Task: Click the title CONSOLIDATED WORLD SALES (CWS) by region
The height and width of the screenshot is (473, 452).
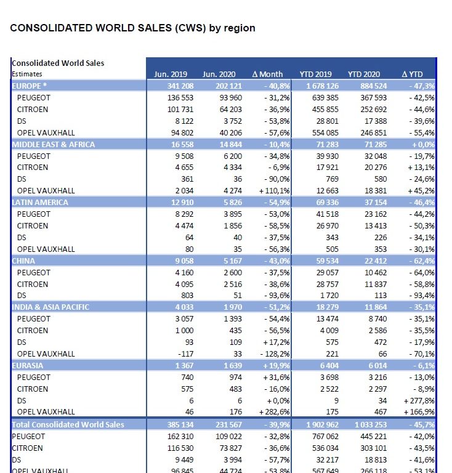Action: point(132,28)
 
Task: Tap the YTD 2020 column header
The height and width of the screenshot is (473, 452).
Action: point(363,75)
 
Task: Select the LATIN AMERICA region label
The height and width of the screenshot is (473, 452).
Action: point(40,202)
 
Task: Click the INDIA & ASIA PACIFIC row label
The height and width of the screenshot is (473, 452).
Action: point(50,307)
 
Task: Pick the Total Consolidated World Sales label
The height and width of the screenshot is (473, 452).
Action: point(68,424)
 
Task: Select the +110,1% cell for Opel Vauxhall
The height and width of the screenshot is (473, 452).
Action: point(267,190)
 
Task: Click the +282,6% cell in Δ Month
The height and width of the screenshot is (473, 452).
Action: point(267,412)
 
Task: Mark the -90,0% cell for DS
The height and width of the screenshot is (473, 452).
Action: point(270,179)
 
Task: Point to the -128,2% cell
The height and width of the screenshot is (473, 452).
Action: point(268,354)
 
